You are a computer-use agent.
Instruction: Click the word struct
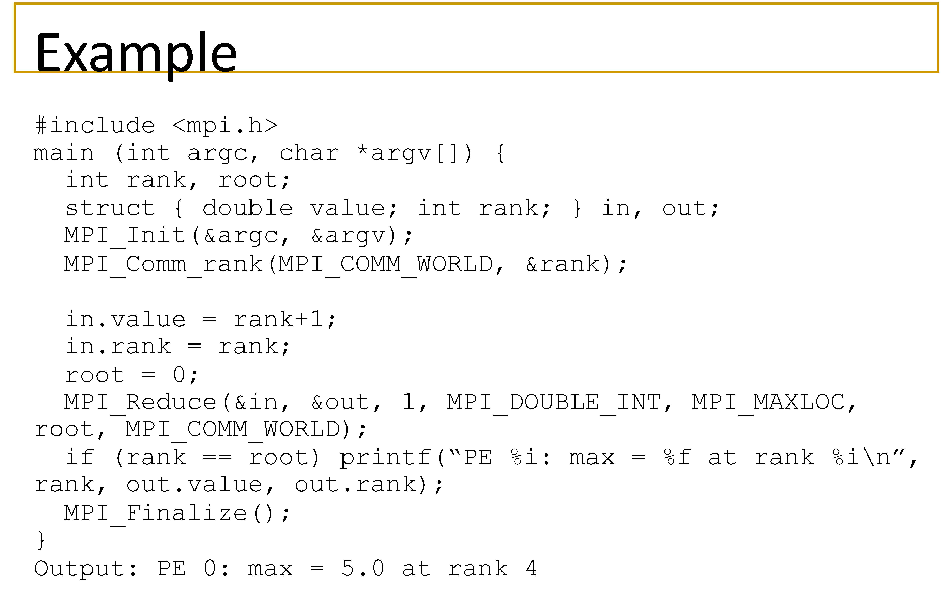(110, 208)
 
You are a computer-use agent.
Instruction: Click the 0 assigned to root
(179, 374)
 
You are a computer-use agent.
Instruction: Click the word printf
(385, 457)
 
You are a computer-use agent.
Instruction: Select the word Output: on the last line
(85, 568)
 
